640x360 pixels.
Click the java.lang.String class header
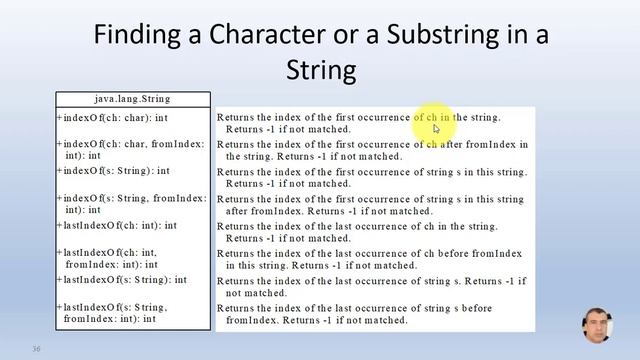[x=132, y=99]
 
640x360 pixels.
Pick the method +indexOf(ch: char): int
[x=112, y=117]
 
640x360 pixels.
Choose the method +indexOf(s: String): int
[x=113, y=171]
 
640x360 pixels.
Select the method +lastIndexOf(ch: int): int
[x=119, y=226]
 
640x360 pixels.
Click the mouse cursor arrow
[x=436, y=128]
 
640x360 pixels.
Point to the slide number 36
[x=36, y=349]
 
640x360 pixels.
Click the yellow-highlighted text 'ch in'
[x=432, y=117]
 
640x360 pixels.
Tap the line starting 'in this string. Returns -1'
[x=321, y=266]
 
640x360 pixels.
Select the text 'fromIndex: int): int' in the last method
[x=110, y=319]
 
